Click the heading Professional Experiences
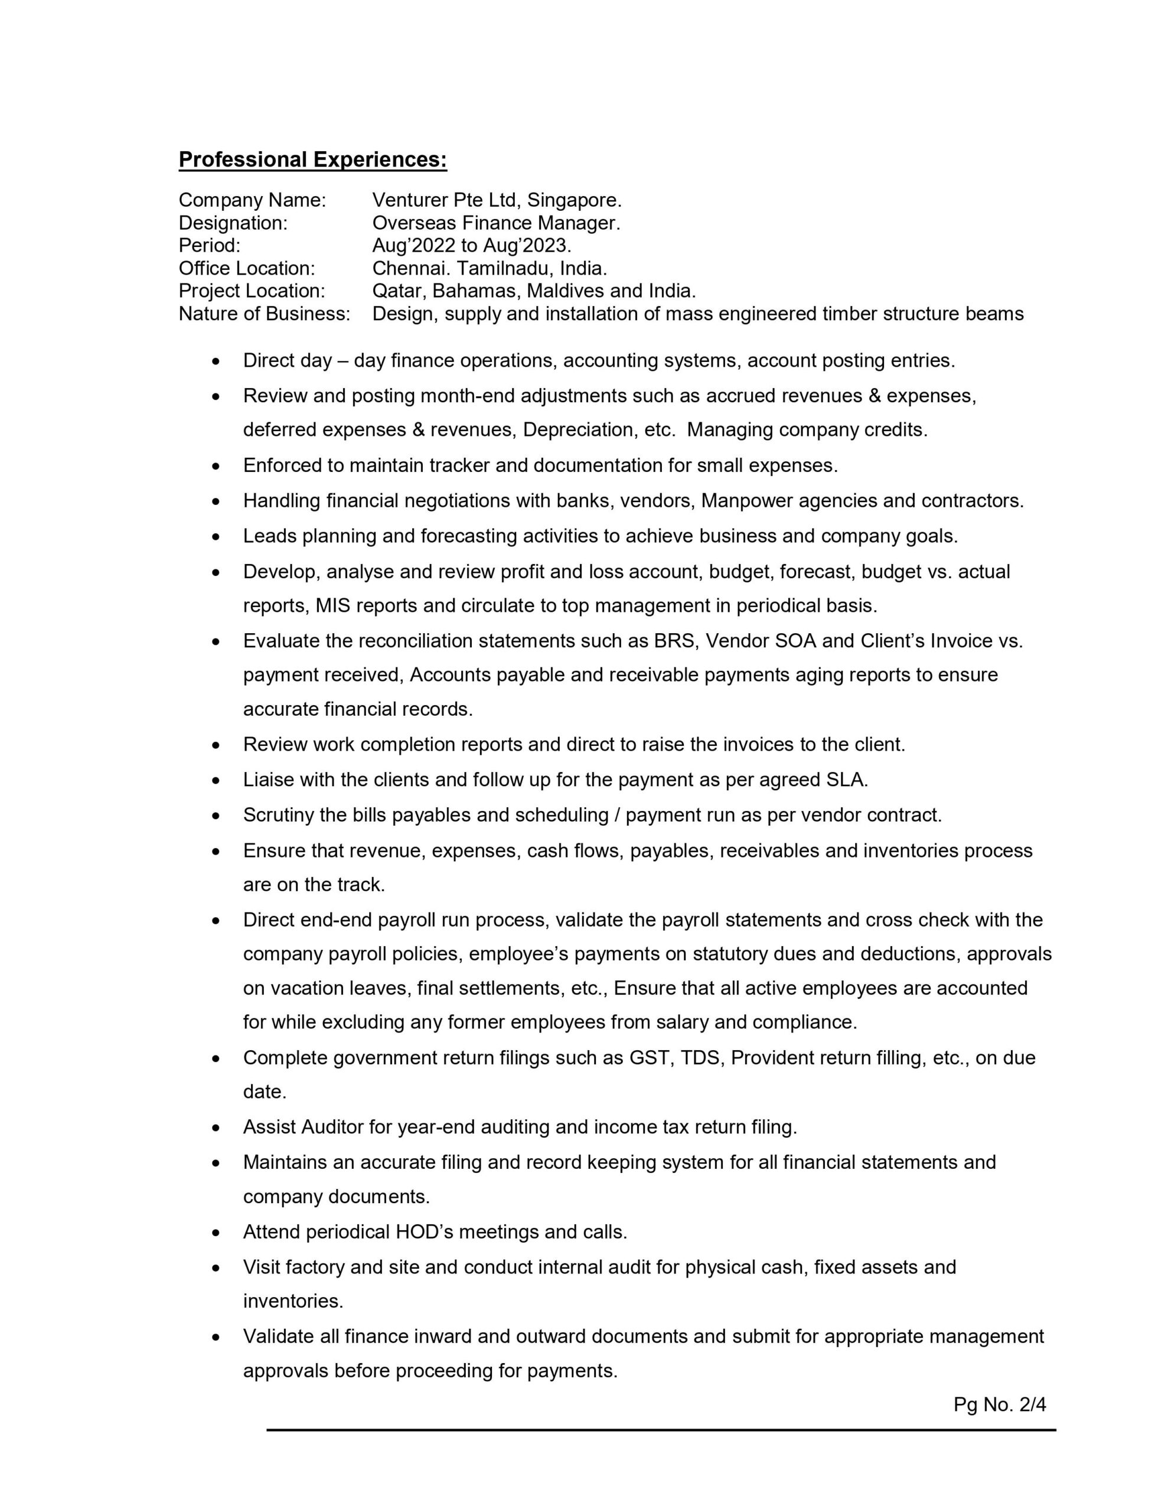click(x=312, y=160)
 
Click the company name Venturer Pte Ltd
click(x=446, y=200)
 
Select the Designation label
click(x=233, y=223)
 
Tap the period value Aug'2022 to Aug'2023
click(x=471, y=246)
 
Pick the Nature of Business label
click(x=265, y=314)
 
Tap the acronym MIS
click(x=332, y=606)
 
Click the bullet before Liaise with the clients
click(x=217, y=781)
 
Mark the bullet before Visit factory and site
click(x=217, y=1268)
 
